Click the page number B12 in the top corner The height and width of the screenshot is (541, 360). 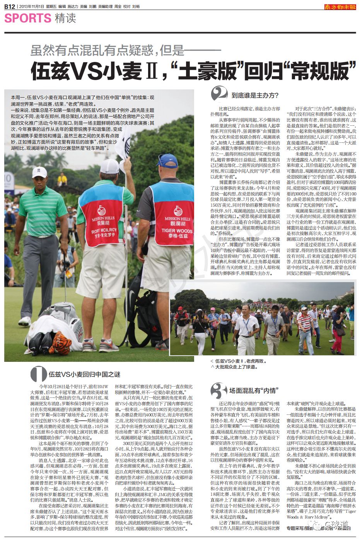(x=10, y=6)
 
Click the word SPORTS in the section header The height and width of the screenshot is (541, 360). (x=27, y=18)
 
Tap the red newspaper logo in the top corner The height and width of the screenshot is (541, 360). (x=340, y=6)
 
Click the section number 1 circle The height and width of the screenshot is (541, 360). (x=38, y=374)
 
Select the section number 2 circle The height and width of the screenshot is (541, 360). (x=219, y=94)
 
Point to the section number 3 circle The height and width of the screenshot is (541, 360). (x=219, y=390)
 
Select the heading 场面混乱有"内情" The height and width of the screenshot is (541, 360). (x=253, y=390)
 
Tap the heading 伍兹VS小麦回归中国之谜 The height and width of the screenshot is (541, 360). (x=84, y=374)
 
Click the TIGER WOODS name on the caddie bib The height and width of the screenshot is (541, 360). (x=177, y=231)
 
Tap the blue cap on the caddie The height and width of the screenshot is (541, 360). (x=167, y=159)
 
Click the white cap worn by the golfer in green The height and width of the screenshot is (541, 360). (x=39, y=171)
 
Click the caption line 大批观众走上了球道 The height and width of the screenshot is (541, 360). (x=237, y=366)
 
